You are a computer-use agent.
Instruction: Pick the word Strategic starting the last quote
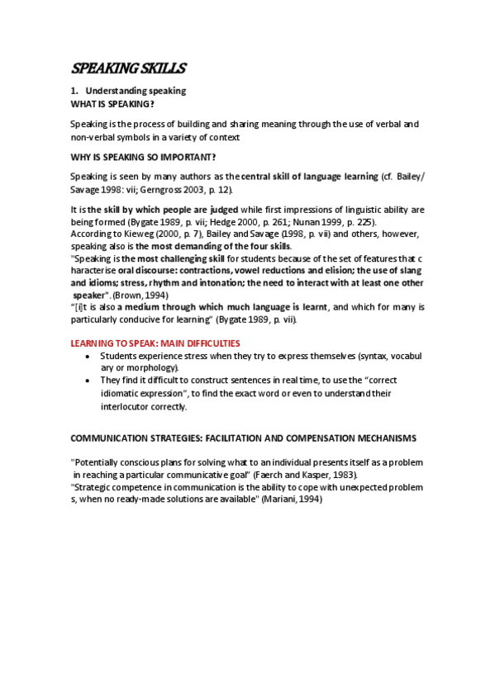[x=94, y=488]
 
